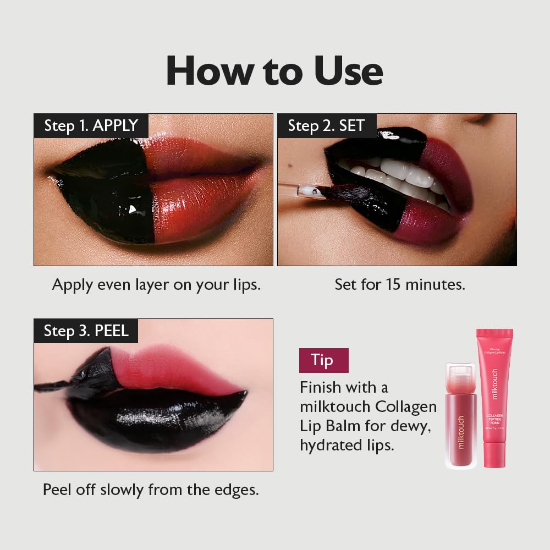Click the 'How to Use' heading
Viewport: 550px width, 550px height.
pyautogui.click(x=274, y=70)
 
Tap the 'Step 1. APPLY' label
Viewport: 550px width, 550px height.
pyautogui.click(x=91, y=125)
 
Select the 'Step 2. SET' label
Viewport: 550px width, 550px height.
pyautogui.click(x=326, y=125)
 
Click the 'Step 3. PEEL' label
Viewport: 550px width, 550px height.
pyautogui.click(x=86, y=331)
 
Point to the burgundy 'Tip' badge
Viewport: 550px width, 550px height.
pyautogui.click(x=322, y=360)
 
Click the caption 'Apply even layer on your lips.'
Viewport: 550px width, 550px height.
pyautogui.click(x=156, y=284)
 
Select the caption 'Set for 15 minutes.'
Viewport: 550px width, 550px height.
pyautogui.click(x=400, y=284)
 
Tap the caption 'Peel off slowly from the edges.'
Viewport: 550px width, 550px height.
pyautogui.click(x=151, y=490)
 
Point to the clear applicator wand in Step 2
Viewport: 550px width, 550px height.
pyautogui.click(x=300, y=190)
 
